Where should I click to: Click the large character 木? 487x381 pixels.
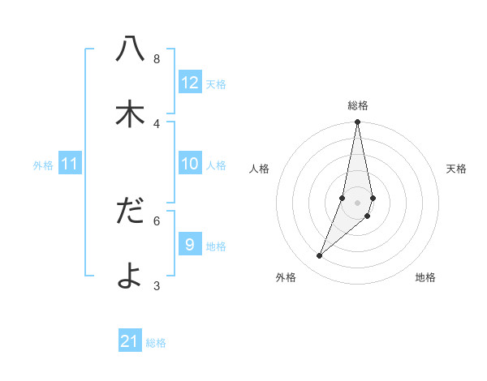[130, 114]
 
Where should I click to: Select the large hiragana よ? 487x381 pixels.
[130, 276]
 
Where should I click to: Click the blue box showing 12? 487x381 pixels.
[190, 83]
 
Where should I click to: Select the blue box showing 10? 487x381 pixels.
[190, 164]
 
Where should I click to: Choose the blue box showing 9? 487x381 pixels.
[190, 245]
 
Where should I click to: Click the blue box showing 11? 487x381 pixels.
[70, 164]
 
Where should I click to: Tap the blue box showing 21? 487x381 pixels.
[130, 341]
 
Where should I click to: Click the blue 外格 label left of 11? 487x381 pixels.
[43, 165]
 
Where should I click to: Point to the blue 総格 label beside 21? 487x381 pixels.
[156, 343]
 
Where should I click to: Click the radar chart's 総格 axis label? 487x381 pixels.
[358, 105]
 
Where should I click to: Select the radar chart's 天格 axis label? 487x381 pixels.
[456, 169]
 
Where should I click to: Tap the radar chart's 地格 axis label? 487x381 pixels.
[425, 277]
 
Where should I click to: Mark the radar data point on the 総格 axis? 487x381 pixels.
[358, 122]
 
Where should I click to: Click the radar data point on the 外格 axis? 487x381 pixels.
[320, 255]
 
